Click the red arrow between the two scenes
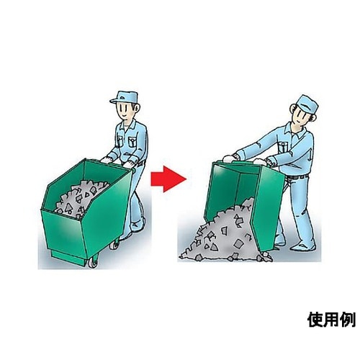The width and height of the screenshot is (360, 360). coord(168,179)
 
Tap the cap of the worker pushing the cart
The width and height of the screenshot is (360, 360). coord(125,97)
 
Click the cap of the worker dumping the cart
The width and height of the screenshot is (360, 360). coord(307,104)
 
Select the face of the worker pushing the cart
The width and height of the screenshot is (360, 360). coord(125,111)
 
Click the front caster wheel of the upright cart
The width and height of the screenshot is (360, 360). coord(93,261)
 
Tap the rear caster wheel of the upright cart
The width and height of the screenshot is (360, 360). coord(114,244)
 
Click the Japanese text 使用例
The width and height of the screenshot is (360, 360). coord(331,320)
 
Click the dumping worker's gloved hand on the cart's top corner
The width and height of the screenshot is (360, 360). coord(228,158)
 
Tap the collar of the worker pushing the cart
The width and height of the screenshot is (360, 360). coord(128,125)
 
